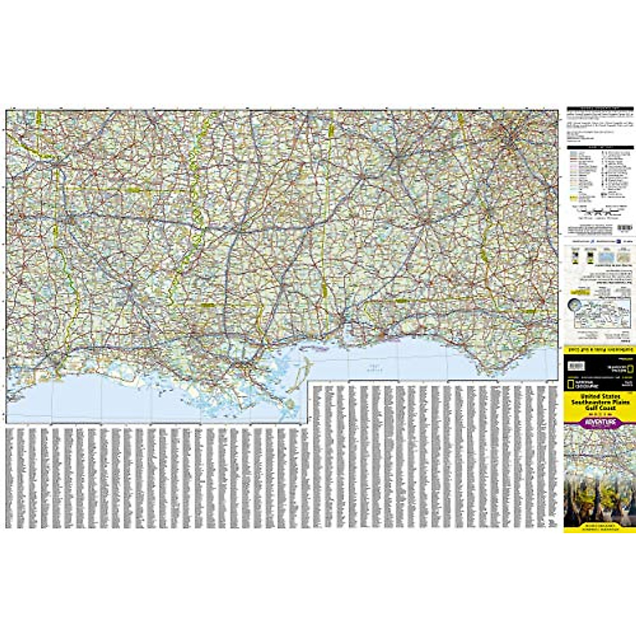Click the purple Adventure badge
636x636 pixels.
pos(599,422)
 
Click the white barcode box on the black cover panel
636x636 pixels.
pos(576,366)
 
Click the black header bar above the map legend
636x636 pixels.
pos(599,146)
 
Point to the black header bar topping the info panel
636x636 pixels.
pos(599,109)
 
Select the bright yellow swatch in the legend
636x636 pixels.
pos(572,198)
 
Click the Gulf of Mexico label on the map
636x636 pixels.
pos(371,366)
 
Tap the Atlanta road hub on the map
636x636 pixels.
pos(511,139)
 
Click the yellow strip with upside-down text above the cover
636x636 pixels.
pos(599,351)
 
